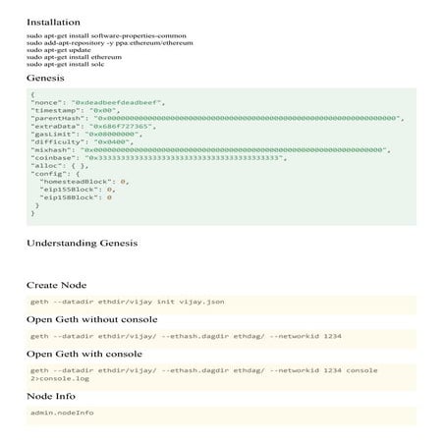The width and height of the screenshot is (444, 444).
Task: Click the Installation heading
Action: pyautogui.click(x=54, y=21)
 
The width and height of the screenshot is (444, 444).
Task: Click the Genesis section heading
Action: pyautogui.click(x=46, y=76)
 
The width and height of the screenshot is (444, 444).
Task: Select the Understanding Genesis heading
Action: pyautogui.click(x=82, y=242)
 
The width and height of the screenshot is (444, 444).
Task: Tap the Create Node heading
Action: pyautogui.click(x=57, y=285)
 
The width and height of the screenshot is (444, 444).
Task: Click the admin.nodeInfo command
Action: pyautogui.click(x=62, y=413)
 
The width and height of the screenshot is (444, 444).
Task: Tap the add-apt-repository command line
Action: pyautogui.click(x=109, y=43)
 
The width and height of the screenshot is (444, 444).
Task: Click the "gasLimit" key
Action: pyautogui.click(x=53, y=135)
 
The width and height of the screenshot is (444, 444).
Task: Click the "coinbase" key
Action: pyautogui.click(x=53, y=157)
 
